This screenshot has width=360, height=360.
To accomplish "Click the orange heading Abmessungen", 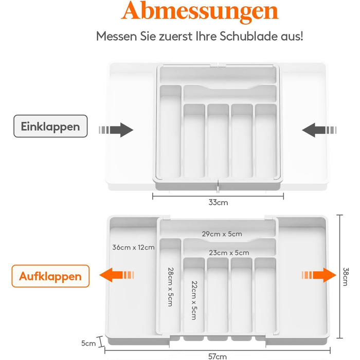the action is (x=200, y=11).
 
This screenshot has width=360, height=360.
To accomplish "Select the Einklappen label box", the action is (x=50, y=127).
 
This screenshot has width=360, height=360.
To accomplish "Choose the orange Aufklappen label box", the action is (x=50, y=276).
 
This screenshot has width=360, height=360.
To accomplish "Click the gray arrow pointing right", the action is (x=116, y=130).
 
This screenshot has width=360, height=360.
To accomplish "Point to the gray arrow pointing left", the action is (x=319, y=130).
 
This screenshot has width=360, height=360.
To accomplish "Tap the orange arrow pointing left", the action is (x=116, y=275).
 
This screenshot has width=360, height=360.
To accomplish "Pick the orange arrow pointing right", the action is (x=319, y=275).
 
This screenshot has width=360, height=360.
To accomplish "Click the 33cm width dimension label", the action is (x=218, y=203).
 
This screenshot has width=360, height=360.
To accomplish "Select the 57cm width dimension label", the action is (x=218, y=356).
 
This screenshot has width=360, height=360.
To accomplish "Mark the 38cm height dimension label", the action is (x=345, y=277).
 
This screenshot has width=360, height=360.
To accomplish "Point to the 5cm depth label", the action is (x=88, y=343).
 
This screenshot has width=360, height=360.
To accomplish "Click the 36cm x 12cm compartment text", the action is (x=133, y=247).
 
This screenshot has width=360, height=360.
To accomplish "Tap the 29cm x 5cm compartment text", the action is (x=222, y=234).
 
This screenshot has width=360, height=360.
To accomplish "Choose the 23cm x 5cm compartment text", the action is (x=229, y=253).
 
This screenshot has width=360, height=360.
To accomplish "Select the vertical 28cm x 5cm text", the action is (x=170, y=287).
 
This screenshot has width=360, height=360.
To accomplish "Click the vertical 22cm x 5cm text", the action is (x=194, y=300).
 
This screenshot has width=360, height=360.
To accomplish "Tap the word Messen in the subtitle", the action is (x=116, y=37).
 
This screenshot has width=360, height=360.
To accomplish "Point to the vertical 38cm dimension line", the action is (x=340, y=277).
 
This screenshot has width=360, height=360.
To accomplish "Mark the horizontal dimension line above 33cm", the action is (x=218, y=196).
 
